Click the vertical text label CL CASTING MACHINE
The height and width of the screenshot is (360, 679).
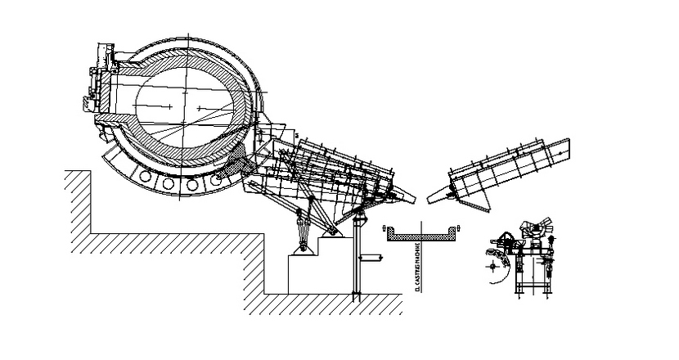click(x=417, y=267)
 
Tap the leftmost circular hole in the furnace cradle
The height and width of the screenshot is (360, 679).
click(x=148, y=176)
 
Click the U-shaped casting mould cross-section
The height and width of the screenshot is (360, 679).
click(x=421, y=236)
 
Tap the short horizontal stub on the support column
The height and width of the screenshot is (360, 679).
click(x=372, y=259)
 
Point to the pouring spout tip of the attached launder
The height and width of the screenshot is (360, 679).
click(x=409, y=198)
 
